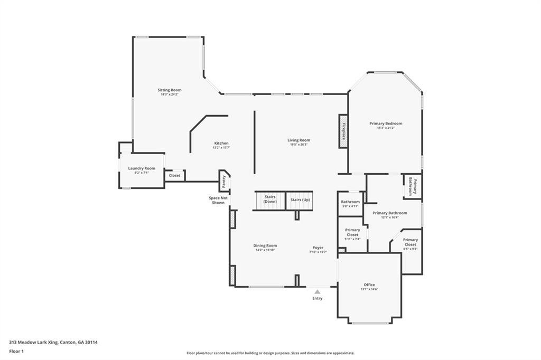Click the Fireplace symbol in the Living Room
click(x=343, y=130)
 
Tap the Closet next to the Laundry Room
click(x=174, y=175)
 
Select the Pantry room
click(x=224, y=181)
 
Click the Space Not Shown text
click(x=218, y=200)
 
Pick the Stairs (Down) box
click(x=270, y=200)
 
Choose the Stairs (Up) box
click(x=300, y=200)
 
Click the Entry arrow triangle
click(x=317, y=291)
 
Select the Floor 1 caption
click(x=17, y=351)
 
